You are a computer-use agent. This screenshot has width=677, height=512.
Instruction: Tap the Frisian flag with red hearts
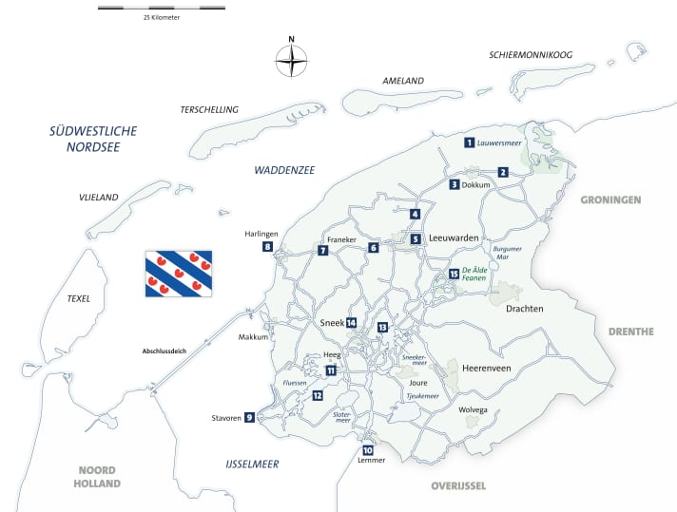coord(178,274)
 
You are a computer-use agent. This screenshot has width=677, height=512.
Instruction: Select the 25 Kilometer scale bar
coord(162,8)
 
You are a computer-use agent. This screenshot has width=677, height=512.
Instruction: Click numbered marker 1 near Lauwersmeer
coord(469,142)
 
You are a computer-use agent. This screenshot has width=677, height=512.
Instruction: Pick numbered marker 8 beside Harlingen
coord(267,247)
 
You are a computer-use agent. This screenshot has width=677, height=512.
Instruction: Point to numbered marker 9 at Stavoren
coord(249,417)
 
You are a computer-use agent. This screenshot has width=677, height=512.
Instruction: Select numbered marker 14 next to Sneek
coord(351,323)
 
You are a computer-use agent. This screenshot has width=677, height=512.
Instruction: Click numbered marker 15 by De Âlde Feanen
coord(454,275)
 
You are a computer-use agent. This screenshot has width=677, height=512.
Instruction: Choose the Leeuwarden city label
coord(453,238)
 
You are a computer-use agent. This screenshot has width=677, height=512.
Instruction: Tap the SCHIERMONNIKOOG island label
coord(531,55)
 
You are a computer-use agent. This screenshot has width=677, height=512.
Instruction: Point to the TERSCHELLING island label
coord(208,110)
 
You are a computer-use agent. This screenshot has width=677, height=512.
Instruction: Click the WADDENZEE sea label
coord(283,170)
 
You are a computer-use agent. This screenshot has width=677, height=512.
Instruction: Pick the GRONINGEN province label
coord(610,200)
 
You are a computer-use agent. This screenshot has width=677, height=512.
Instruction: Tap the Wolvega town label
coord(472,410)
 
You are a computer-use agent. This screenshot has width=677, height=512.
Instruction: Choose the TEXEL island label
coord(78,298)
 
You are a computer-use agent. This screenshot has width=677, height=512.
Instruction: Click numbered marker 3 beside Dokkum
coord(455,184)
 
